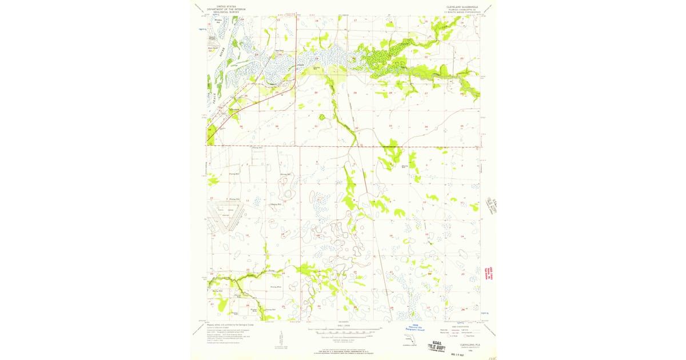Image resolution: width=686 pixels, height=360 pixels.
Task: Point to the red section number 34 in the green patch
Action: tap(210, 130)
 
